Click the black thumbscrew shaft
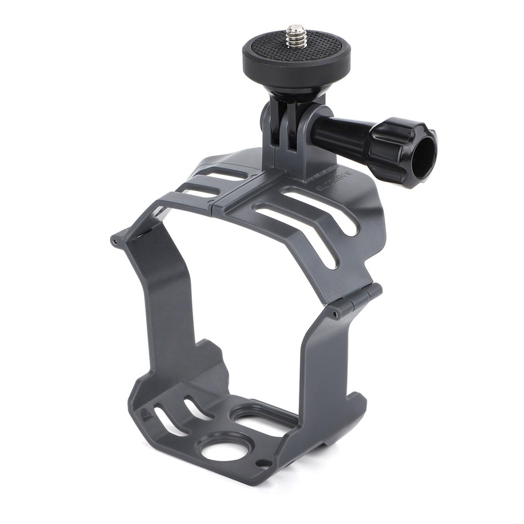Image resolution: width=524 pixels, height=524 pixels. [x=341, y=134]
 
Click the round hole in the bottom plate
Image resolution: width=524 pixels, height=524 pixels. [x=223, y=450]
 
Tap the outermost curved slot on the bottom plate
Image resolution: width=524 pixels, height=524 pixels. [x=163, y=422]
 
